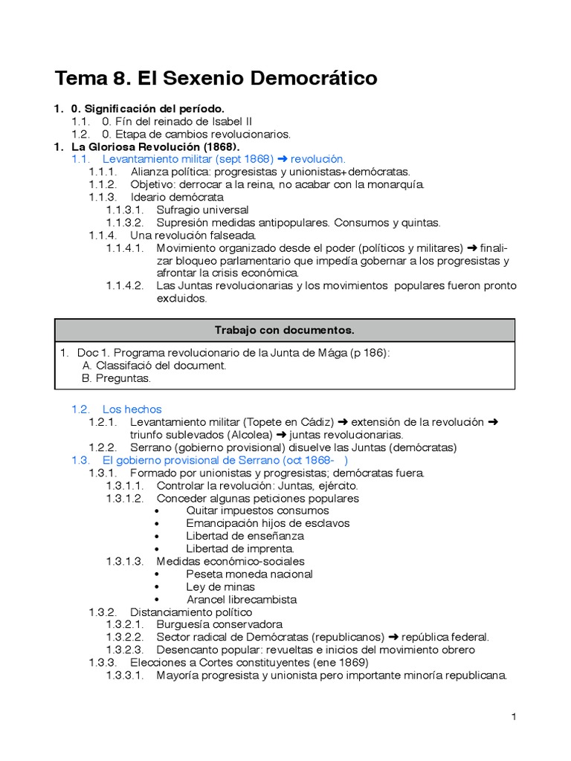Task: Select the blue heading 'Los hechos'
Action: pyautogui.click(x=132, y=409)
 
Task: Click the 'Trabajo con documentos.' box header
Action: pyautogui.click(x=285, y=329)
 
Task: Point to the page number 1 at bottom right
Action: pyautogui.click(x=513, y=716)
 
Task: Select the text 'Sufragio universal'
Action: pyautogui.click(x=202, y=210)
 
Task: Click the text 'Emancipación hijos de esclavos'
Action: pyautogui.click(x=268, y=523)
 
